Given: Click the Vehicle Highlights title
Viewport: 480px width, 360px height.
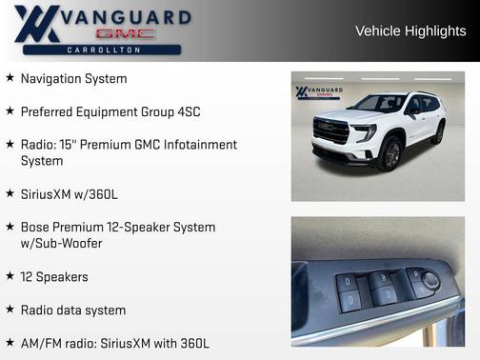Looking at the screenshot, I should pos(410,30).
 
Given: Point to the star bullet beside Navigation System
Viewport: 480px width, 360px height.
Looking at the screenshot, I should pos(10,78).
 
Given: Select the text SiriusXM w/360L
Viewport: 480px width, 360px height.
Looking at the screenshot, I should pos(69,194).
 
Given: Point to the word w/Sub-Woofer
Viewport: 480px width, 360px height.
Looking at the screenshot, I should pos(61,243).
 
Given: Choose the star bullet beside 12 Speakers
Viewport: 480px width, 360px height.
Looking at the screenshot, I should pos(10,276).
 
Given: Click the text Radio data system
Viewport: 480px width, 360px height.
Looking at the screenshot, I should pos(73,310).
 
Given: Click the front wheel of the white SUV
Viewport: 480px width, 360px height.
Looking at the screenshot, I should pos(390,153).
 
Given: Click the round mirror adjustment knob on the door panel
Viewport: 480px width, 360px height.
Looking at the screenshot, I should pos(430,279).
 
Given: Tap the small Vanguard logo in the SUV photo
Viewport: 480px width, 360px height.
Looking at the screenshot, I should pos(314,92).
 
